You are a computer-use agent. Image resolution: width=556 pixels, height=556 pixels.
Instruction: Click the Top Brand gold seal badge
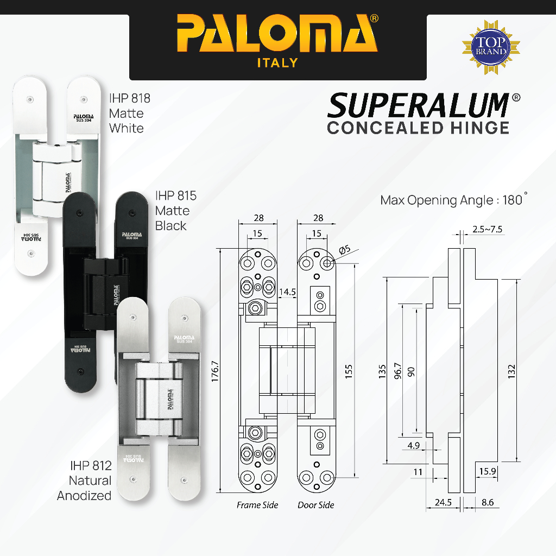[x=491, y=47]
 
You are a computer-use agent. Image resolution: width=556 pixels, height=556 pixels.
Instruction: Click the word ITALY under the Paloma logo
[x=277, y=63]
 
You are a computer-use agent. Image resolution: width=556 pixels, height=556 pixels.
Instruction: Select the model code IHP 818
[x=130, y=98]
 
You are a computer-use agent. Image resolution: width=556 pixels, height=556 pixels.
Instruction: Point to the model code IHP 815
[x=176, y=195]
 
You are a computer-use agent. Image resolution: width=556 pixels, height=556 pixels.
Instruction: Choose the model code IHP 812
[x=91, y=465]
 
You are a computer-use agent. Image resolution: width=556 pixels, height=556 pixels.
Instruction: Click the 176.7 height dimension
[x=215, y=371]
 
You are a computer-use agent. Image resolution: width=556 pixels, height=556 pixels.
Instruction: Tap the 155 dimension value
[x=349, y=371]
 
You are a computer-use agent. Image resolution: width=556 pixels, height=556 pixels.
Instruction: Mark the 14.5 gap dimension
[x=287, y=292]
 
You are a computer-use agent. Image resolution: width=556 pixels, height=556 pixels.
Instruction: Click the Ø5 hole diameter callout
[x=345, y=250]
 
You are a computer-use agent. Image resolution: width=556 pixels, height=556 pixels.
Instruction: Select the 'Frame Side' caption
[x=257, y=505]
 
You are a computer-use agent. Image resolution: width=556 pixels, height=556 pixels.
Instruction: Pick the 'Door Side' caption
[x=316, y=505]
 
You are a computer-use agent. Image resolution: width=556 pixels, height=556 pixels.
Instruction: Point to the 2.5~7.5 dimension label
[x=487, y=229]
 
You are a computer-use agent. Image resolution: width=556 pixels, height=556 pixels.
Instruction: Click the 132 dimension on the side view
[x=511, y=371]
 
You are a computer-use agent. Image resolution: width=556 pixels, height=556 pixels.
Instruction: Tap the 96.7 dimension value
[x=398, y=371]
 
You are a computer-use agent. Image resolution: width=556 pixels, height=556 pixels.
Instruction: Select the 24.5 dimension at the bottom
[x=443, y=502]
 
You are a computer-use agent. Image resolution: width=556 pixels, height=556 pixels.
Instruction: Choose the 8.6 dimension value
[x=488, y=502]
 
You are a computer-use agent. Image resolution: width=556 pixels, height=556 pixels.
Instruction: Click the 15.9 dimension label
[x=488, y=471]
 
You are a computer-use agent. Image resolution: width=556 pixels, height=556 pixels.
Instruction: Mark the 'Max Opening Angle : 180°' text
[x=454, y=200]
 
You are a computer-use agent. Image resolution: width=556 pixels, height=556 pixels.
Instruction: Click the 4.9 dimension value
[x=413, y=445]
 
